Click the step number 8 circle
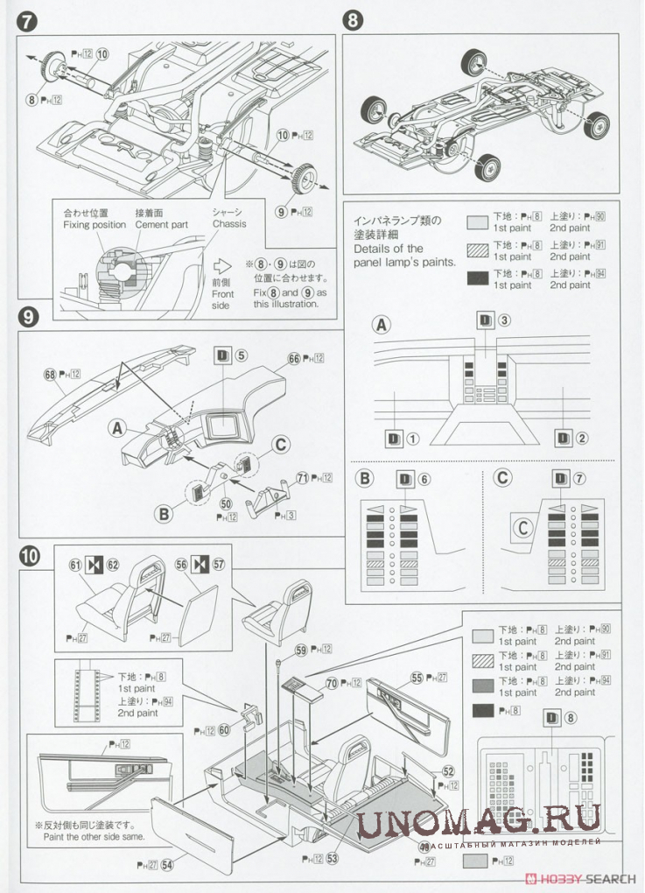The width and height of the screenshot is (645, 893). [353, 22]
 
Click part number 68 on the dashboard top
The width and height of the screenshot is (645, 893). [50, 374]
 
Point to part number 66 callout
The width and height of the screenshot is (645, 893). [294, 358]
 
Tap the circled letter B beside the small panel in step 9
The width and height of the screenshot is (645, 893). [164, 514]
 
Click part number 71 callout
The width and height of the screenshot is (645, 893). [302, 477]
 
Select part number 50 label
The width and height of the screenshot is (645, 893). [226, 503]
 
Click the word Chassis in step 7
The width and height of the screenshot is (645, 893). [229, 224]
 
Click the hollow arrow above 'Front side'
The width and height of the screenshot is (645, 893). [222, 265]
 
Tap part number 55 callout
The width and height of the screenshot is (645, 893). [417, 677]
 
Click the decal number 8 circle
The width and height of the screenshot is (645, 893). [571, 719]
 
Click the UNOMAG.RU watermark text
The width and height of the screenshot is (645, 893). [479, 820]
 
